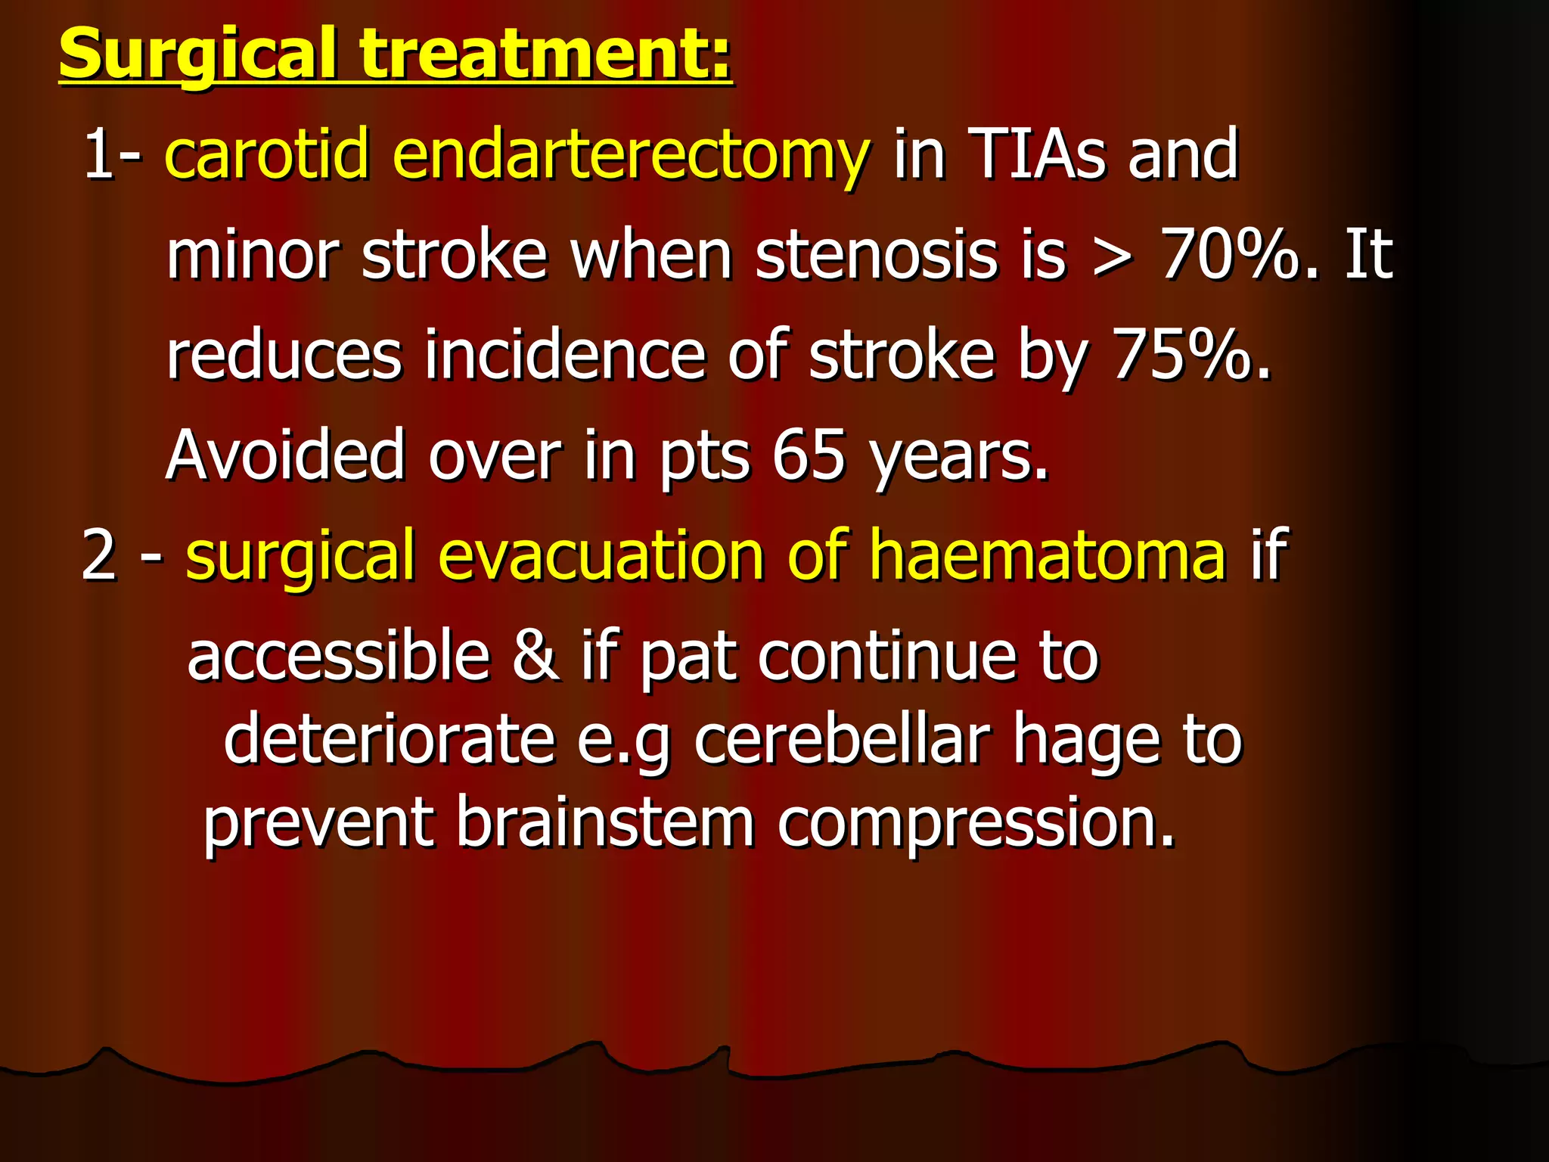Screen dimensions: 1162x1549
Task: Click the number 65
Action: (x=808, y=455)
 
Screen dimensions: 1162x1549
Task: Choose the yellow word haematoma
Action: (x=1047, y=556)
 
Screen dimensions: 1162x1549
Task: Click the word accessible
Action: (x=339, y=655)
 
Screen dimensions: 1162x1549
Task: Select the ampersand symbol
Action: (x=535, y=655)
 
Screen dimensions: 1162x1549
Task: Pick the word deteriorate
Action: (x=389, y=739)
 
